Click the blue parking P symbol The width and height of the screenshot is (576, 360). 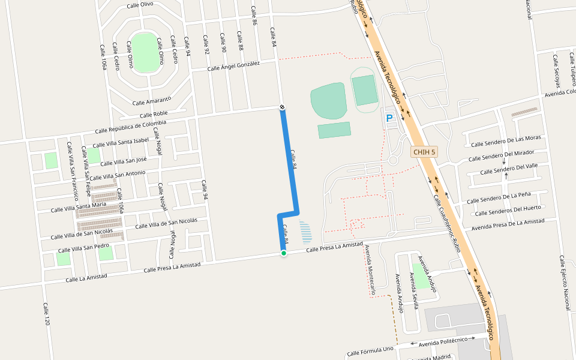(389, 119)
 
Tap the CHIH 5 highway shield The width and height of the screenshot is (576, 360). (424, 152)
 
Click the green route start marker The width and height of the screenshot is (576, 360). (284, 253)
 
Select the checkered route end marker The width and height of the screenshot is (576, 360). (282, 107)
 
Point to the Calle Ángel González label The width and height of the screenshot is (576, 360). (233, 66)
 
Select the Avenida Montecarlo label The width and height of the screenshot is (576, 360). (371, 271)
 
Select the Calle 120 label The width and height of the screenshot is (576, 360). (46, 314)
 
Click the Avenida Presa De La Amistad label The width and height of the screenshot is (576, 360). (507, 224)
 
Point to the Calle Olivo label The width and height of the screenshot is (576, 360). (140, 5)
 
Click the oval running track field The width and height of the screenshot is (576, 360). (365, 90)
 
